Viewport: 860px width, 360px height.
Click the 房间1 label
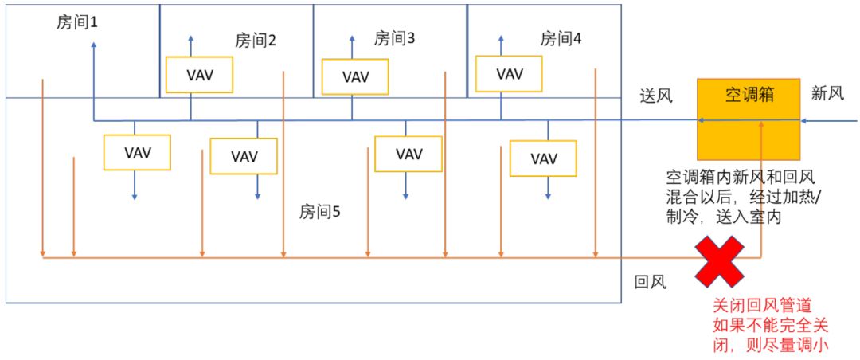tap(77, 24)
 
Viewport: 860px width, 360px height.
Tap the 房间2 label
tap(256, 41)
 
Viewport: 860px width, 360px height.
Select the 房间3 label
tap(395, 37)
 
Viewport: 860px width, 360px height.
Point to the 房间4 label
tap(561, 38)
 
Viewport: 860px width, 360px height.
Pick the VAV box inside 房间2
tap(199, 76)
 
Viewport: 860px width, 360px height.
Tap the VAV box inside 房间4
tap(510, 74)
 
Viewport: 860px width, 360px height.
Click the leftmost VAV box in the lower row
tap(138, 151)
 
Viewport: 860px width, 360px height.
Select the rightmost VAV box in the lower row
tap(544, 158)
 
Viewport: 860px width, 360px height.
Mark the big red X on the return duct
tap(720, 260)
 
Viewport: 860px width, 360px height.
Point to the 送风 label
tap(657, 96)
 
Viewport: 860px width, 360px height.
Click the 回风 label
tap(649, 282)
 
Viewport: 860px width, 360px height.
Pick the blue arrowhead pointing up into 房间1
tap(94, 45)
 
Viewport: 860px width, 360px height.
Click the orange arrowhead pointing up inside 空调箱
tap(762, 123)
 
